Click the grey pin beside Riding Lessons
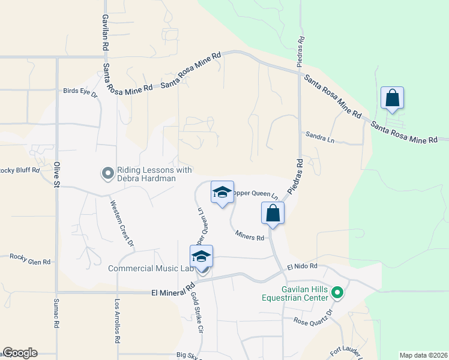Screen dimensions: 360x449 (x=108, y=174)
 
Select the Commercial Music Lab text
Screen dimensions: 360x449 (x=151, y=268)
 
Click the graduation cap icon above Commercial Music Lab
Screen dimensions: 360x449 (x=201, y=256)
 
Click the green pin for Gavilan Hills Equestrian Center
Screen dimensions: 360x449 (x=337, y=293)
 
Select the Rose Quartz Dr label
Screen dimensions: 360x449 (x=312, y=318)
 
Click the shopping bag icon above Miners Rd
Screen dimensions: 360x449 (x=273, y=212)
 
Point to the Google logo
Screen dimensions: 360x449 (x=20, y=353)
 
